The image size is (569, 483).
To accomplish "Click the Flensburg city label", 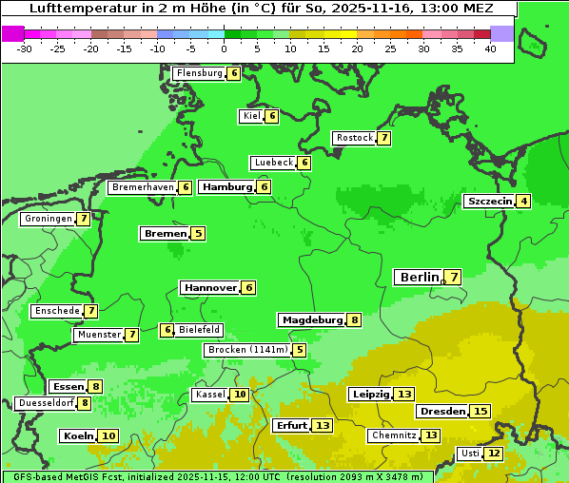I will pyautogui.click(x=199, y=73).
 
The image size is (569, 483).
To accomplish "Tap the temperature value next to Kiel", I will pyautogui.click(x=272, y=116).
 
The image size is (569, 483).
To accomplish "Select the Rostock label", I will pyautogui.click(x=355, y=138).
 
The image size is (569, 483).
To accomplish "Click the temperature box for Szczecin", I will pyautogui.click(x=523, y=201).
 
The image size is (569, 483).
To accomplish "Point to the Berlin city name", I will pyautogui.click(x=419, y=277).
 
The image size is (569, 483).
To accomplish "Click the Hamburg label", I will pyautogui.click(x=226, y=186).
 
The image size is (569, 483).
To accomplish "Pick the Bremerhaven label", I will pyautogui.click(x=143, y=187).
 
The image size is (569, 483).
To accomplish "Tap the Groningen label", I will pyautogui.click(x=49, y=219).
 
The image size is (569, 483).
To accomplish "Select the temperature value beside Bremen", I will pyautogui.click(x=198, y=233).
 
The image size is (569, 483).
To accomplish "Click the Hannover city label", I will pyautogui.click(x=209, y=287).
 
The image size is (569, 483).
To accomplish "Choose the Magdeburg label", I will pyautogui.click(x=311, y=319).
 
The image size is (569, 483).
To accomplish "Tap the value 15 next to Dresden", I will pyautogui.click(x=481, y=412).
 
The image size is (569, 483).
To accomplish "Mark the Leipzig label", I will pyautogui.click(x=370, y=394).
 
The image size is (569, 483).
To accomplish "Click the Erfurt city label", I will pyautogui.click(x=290, y=425).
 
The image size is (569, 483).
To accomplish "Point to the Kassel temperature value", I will pyautogui.click(x=240, y=395).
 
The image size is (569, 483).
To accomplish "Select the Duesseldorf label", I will pyautogui.click(x=46, y=403).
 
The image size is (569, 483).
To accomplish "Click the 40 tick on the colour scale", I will pyautogui.click(x=490, y=48).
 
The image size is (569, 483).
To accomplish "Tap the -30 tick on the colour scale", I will pyautogui.click(x=25, y=48).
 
